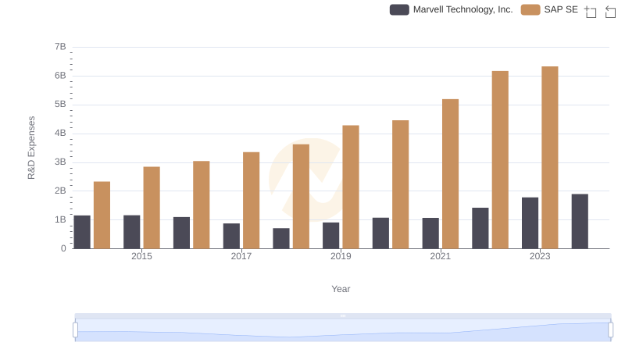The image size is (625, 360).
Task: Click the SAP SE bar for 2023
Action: (550, 157)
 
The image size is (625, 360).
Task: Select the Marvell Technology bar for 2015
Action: (132, 232)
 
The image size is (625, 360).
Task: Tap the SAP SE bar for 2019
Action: (351, 187)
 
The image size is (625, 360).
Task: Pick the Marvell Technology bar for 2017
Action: (231, 236)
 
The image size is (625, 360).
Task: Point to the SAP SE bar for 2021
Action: (450, 173)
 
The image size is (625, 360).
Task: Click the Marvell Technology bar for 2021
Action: (430, 233)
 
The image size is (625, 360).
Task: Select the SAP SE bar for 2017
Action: (251, 200)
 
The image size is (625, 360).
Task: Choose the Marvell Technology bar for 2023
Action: (530, 223)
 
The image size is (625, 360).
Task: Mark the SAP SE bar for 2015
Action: (152, 207)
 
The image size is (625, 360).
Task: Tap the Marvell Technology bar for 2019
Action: (331, 235)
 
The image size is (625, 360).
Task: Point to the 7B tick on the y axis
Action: (60, 47)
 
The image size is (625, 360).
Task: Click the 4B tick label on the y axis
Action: (60, 134)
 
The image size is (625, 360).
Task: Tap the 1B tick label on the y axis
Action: (60, 219)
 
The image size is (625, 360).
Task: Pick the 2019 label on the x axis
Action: (341, 256)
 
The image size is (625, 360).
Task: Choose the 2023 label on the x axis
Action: (540, 256)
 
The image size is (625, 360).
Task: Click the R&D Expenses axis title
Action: (31, 148)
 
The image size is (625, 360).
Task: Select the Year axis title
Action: (341, 289)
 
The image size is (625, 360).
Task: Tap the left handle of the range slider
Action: (76, 330)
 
